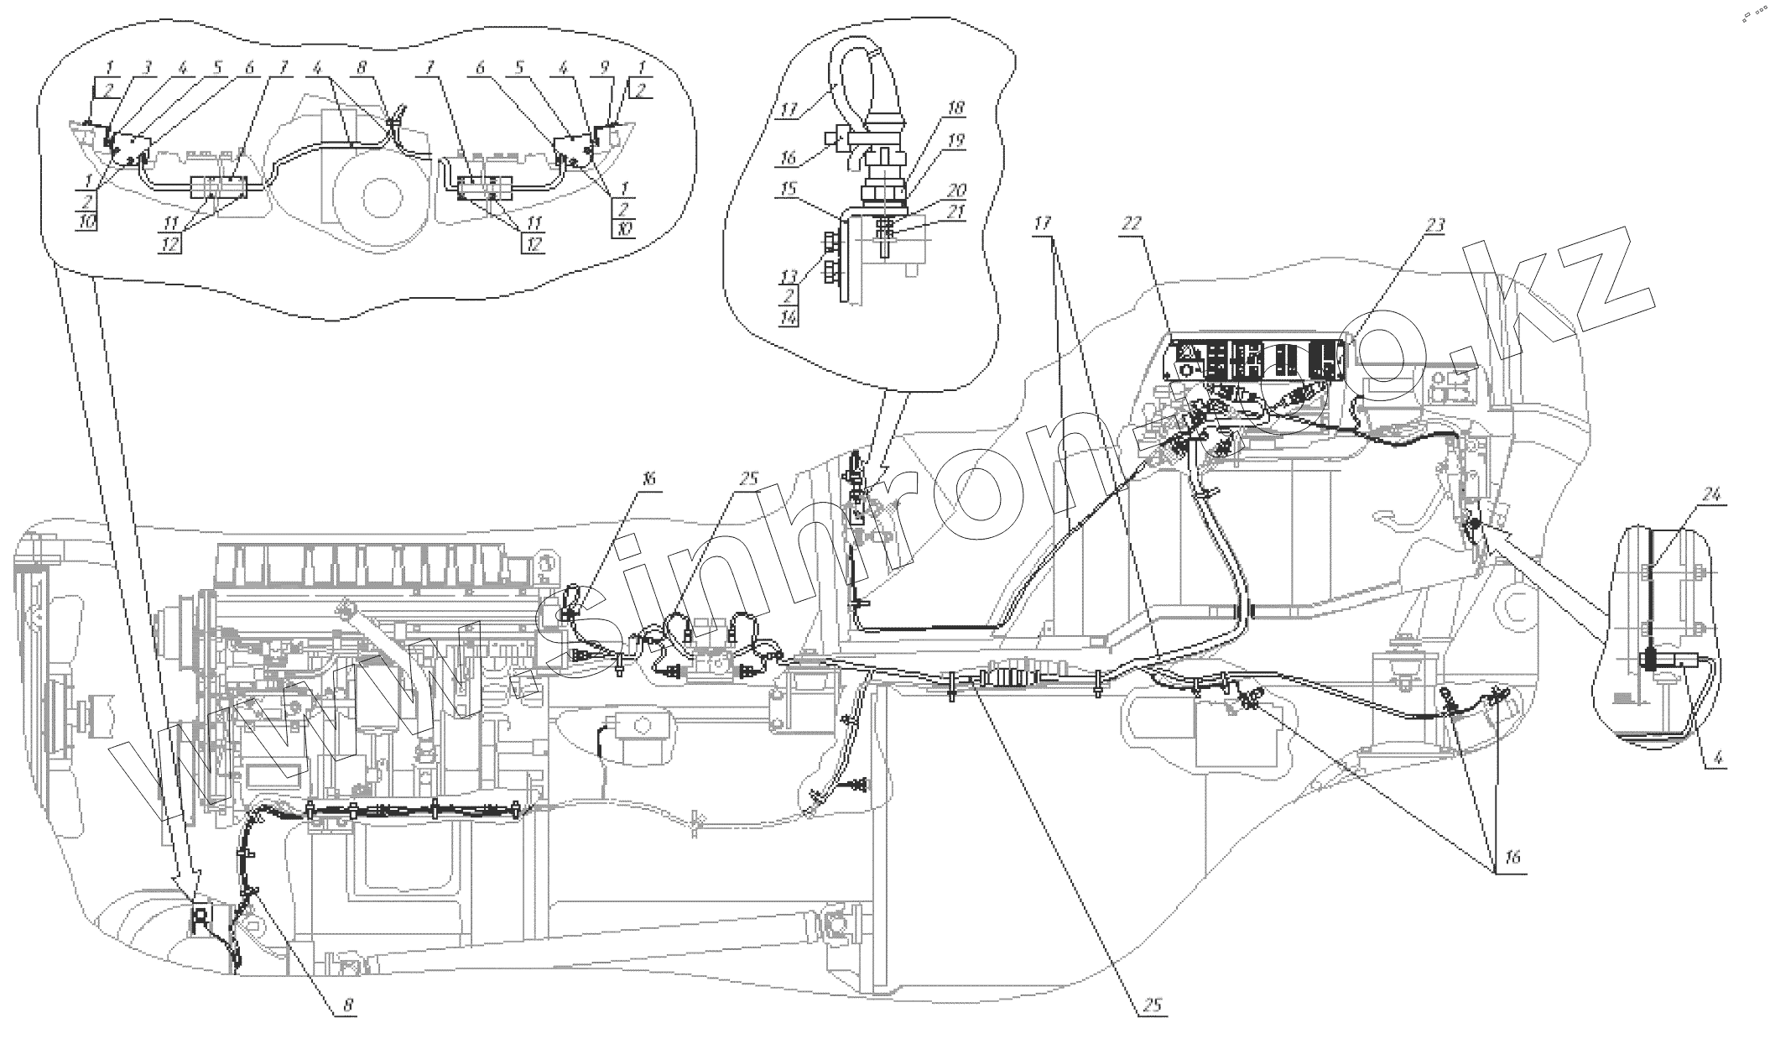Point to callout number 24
coord(1710,494)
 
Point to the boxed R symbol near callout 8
coord(201,917)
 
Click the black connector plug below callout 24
coord(1649,662)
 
